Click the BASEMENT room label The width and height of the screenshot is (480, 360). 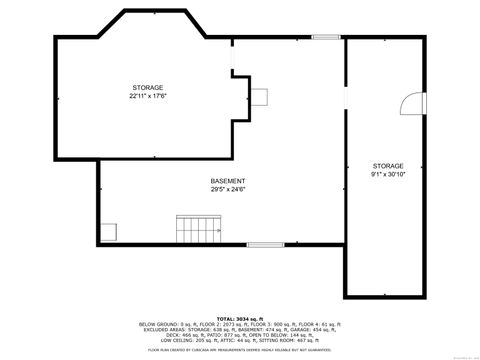tap(228, 181)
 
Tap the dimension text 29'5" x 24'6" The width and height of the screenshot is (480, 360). tap(228, 189)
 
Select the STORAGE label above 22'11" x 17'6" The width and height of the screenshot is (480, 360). tap(147, 88)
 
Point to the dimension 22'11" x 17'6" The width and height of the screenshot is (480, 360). tap(147, 96)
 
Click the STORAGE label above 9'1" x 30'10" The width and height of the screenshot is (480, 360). tap(388, 165)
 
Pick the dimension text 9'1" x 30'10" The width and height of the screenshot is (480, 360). tap(388, 173)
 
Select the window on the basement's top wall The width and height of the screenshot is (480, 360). tap(325, 38)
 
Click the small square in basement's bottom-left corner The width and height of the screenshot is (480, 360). tap(109, 231)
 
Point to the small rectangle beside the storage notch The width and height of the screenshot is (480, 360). tap(259, 96)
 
